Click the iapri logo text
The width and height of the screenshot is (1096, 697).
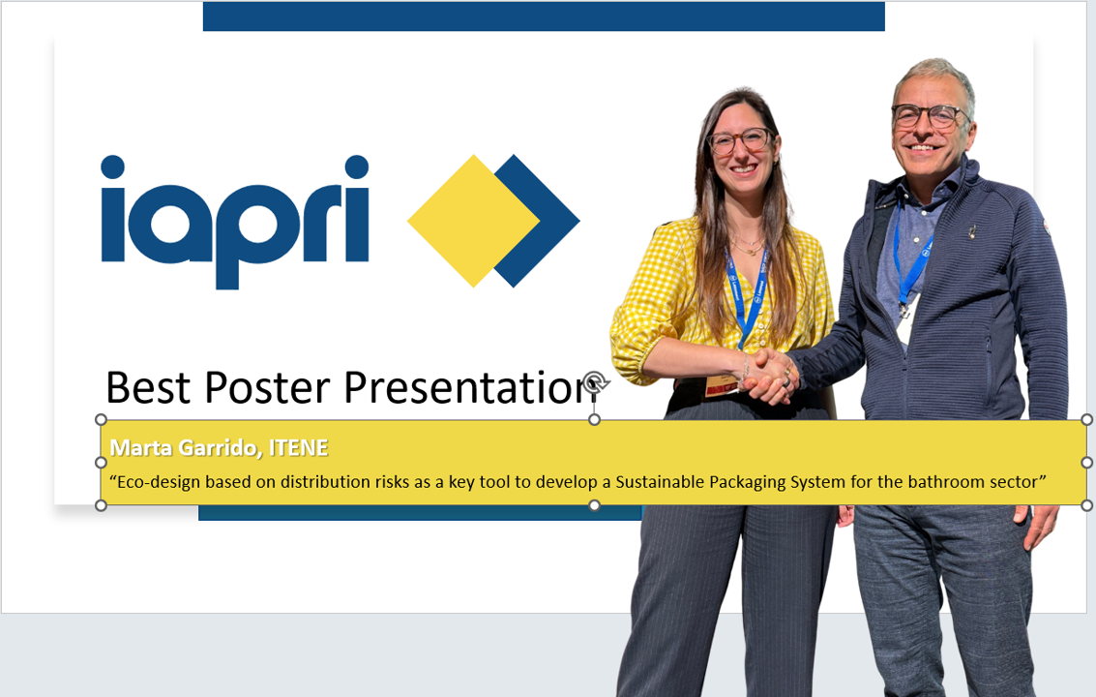click(235, 221)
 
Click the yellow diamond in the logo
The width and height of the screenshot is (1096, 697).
click(474, 221)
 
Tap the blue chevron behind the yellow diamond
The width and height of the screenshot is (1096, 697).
click(546, 221)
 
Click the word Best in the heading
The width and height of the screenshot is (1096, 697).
click(148, 387)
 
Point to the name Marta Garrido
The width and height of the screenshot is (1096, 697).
click(186, 448)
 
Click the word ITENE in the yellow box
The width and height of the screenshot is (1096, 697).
click(299, 448)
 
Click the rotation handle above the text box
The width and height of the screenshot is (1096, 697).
click(595, 382)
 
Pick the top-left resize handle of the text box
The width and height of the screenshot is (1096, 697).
click(101, 419)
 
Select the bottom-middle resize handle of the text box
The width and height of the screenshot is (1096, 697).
click(594, 505)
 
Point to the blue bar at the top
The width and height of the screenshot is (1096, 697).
click(544, 16)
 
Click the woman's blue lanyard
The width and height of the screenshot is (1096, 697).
click(746, 294)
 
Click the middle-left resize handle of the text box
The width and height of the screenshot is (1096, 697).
click(101, 463)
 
